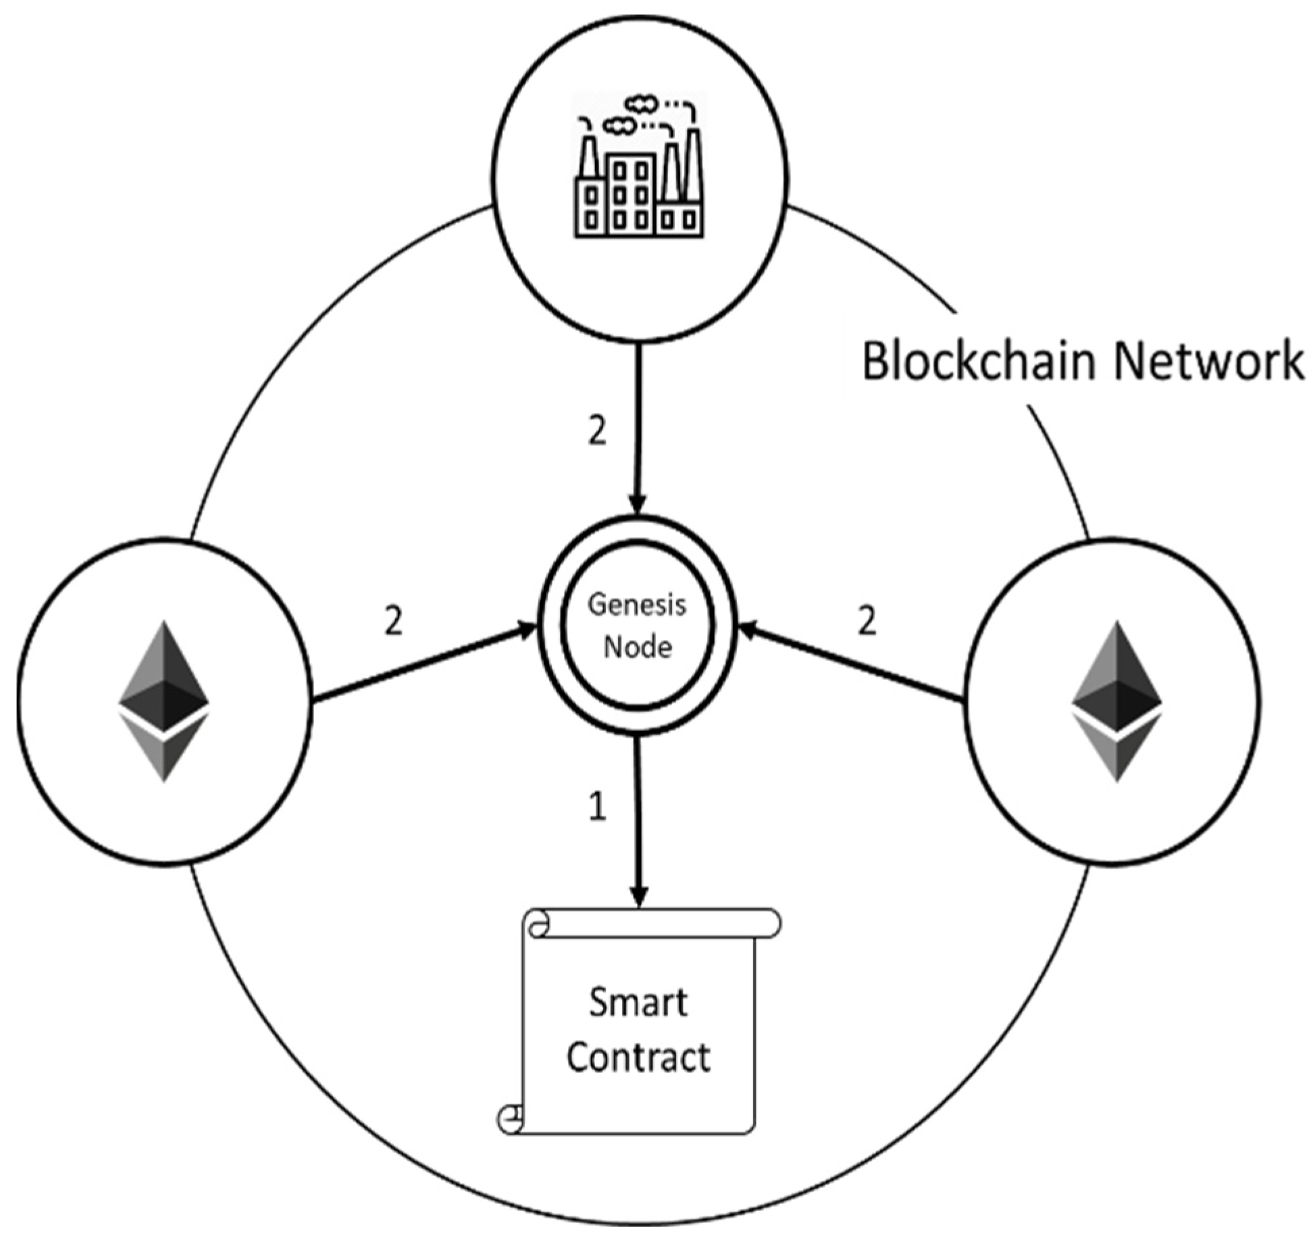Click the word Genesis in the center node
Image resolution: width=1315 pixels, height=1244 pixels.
coord(636,604)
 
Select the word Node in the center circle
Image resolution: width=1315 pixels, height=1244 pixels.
coord(637,647)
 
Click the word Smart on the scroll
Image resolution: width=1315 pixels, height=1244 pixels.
coord(638,1003)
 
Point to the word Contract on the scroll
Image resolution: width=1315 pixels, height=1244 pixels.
coord(638,1058)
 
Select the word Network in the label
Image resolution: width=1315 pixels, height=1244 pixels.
coord(1208,362)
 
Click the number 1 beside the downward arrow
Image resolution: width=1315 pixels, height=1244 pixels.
coord(597,807)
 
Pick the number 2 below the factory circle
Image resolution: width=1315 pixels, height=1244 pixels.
coord(597,430)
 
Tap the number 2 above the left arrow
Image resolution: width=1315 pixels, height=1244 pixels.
coord(393,620)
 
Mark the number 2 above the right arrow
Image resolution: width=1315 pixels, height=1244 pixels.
coord(867,620)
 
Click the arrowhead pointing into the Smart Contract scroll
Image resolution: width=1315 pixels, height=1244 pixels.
coord(639,895)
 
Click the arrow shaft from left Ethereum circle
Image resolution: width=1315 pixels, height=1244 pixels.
coord(419,666)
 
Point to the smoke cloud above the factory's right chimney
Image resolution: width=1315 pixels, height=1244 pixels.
coord(640,103)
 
